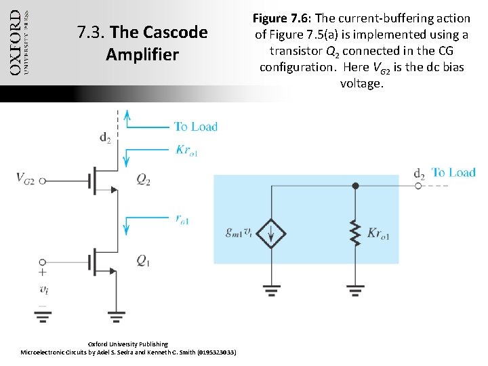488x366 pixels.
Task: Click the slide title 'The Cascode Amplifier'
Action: point(142,43)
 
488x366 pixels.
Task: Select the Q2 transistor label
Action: point(144,180)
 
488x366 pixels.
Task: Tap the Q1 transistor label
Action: point(144,260)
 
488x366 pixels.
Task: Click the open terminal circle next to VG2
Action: point(43,180)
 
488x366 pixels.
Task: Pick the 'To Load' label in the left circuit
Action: point(195,126)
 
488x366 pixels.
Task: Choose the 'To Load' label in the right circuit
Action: point(453,173)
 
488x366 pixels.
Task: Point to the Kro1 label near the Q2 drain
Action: point(186,150)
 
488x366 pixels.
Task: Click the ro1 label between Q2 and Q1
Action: point(182,220)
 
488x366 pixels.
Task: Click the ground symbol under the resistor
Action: point(355,291)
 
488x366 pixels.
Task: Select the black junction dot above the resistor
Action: point(355,185)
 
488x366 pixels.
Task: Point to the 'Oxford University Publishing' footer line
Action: point(128,344)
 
